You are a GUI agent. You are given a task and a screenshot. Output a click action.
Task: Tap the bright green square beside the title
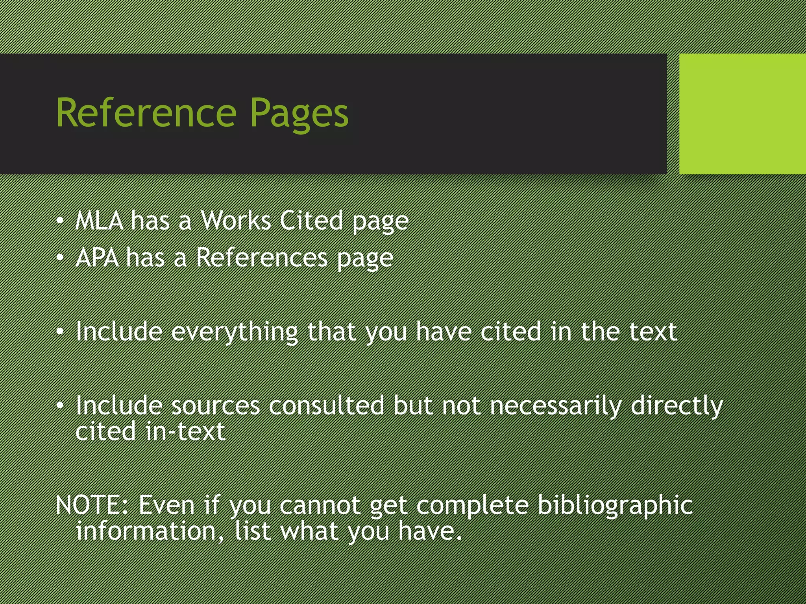click(742, 114)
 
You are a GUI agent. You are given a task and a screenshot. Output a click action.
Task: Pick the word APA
click(97, 258)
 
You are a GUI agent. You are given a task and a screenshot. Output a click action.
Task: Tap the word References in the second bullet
click(262, 258)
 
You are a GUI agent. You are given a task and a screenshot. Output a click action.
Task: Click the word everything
click(235, 332)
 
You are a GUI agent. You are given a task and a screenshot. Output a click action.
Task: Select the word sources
click(215, 406)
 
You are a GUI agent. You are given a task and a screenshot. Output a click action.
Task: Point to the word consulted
click(326, 406)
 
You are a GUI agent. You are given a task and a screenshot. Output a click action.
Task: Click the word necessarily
click(555, 406)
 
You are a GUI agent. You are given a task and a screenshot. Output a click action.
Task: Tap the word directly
click(677, 406)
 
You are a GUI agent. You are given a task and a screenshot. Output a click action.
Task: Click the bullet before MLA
click(60, 221)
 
